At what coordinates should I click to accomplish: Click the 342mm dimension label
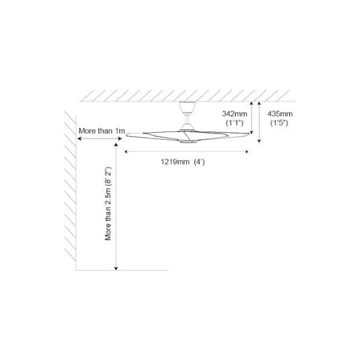pyautogui.click(x=234, y=114)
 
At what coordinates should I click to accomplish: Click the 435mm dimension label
pyautogui.click(x=280, y=114)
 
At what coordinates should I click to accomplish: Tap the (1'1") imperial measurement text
pyautogui.click(x=234, y=123)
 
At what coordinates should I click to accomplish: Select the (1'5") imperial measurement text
pyautogui.click(x=279, y=123)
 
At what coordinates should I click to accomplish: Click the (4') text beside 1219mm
pyautogui.click(x=199, y=162)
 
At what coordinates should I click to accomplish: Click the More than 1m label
pyautogui.click(x=101, y=131)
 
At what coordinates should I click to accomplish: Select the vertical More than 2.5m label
pyautogui.click(x=108, y=203)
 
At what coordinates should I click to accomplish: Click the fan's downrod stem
pyautogui.click(x=187, y=118)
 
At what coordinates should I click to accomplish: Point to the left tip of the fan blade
pyautogui.click(x=126, y=135)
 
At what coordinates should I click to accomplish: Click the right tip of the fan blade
pyautogui.click(x=249, y=134)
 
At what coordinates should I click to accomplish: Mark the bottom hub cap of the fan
pyautogui.click(x=188, y=141)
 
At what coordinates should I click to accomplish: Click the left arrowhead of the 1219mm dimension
pyautogui.click(x=126, y=151)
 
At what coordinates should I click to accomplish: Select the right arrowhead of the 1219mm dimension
pyautogui.click(x=247, y=151)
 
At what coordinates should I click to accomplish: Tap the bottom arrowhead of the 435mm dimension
pyautogui.click(x=259, y=141)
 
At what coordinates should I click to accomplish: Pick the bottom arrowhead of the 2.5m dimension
pyautogui.click(x=116, y=268)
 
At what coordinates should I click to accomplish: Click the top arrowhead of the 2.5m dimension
pyautogui.click(x=116, y=145)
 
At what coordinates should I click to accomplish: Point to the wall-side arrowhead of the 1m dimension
pyautogui.click(x=79, y=139)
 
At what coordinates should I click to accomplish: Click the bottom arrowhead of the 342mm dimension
pyautogui.click(x=251, y=132)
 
